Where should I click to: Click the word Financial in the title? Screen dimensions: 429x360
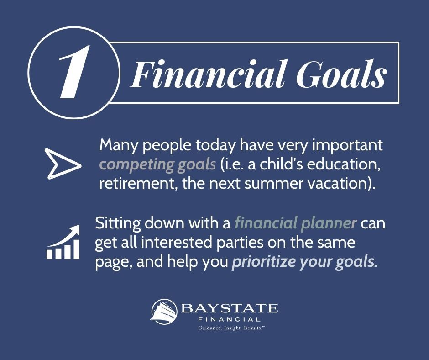[209, 74]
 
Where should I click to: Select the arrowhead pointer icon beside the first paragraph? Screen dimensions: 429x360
[63, 164]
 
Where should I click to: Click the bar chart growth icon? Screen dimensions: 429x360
[63, 242]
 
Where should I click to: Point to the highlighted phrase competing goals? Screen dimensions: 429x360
[157, 165]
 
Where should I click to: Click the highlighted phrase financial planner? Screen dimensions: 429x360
[296, 223]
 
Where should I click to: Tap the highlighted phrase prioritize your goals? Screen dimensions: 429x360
[305, 262]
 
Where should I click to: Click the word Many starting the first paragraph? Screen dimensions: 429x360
[118, 145]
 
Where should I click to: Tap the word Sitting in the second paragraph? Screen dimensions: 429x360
[118, 223]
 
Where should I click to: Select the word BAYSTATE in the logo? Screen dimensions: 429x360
[229, 308]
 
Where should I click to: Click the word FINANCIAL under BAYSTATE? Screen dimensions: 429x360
[229, 319]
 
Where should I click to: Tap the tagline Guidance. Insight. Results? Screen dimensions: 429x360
[232, 328]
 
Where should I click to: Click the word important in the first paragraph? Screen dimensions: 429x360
[347, 146]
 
